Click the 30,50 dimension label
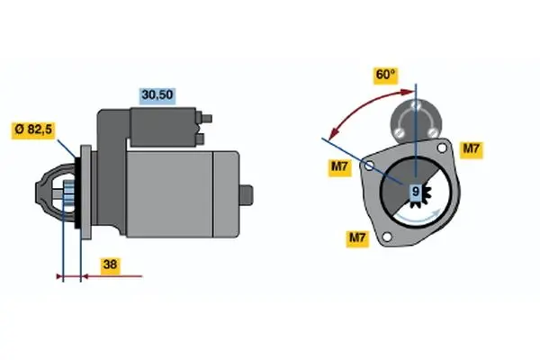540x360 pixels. [157, 95]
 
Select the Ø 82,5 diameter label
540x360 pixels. [33, 130]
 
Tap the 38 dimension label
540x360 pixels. [110, 265]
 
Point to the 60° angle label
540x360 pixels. [386, 75]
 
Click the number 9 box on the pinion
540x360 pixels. [416, 192]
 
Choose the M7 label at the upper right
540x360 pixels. [471, 148]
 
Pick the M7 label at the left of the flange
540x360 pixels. [339, 167]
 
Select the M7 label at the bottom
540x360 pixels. [357, 238]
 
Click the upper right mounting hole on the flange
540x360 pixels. [442, 148]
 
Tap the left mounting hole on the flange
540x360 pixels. [369, 166]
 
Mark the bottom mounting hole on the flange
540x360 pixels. [387, 237]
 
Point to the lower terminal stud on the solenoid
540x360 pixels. [200, 139]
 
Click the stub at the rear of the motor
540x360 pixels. [247, 195]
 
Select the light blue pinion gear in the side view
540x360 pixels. [69, 194]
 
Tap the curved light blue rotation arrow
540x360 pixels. [418, 218]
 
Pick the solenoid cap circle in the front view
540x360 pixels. [416, 121]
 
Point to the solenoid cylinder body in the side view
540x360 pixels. [163, 127]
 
